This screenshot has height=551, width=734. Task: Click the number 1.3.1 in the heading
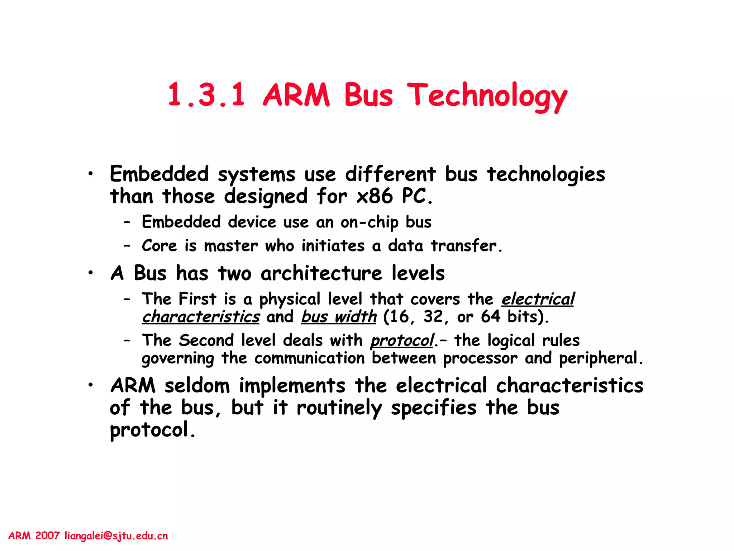click(206, 95)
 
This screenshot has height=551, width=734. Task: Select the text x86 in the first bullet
click(375, 196)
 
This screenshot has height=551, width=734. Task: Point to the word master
click(231, 246)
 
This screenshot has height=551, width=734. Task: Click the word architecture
click(321, 273)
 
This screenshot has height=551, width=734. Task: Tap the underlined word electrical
click(538, 299)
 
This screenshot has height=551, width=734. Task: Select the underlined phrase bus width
click(339, 317)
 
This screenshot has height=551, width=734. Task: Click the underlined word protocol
click(402, 340)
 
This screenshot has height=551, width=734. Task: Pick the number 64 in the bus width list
click(490, 317)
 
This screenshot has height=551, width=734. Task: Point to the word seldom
click(197, 386)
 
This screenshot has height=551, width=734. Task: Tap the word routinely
click(339, 408)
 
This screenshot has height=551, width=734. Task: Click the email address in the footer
click(116, 536)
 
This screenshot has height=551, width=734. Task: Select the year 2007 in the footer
click(47, 536)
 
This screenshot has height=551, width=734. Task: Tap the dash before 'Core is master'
click(127, 246)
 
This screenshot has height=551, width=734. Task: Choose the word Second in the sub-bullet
click(206, 340)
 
